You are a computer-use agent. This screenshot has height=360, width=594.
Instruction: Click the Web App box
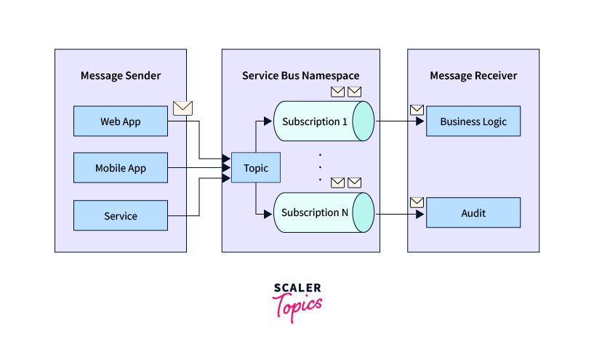pos(121,121)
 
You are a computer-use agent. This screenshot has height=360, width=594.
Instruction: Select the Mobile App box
pos(121,168)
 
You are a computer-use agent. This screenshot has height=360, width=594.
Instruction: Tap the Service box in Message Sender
pos(121,216)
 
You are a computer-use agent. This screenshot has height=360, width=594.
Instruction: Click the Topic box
pos(255,168)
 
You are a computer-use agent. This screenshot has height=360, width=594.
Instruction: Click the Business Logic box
pos(473,121)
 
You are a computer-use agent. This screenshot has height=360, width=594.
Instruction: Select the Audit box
pos(473,212)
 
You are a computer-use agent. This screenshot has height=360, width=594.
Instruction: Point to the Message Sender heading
pos(121,76)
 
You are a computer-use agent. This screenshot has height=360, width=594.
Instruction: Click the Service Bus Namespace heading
pos(300,76)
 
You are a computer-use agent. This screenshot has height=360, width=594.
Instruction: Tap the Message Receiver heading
pos(473,76)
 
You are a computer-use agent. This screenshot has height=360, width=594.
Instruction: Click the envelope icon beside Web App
pos(183,108)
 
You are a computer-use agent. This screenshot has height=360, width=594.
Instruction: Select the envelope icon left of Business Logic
pos(417,110)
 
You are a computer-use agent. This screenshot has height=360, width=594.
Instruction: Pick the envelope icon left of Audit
pos(417,202)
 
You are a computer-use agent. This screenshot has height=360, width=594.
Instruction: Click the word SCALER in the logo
pos(297,289)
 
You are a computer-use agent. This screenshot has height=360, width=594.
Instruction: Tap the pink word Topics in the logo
pos(297,305)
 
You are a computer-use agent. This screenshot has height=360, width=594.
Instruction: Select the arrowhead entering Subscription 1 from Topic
pos(270,121)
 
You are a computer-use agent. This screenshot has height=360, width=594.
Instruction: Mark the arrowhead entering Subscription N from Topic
pos(270,213)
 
